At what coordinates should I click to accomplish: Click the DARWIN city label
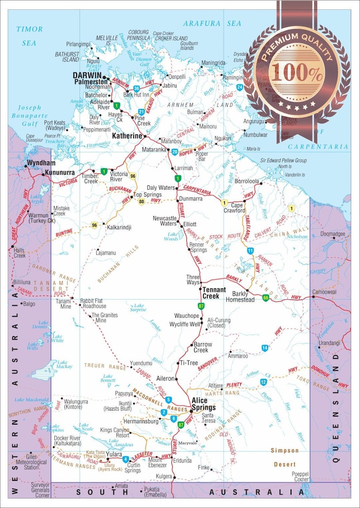coord(88,75)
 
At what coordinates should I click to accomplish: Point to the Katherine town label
coord(127,135)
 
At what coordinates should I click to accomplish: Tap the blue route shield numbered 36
coord(136,88)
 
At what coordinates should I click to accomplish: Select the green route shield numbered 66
coord(265,298)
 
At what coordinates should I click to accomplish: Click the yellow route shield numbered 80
coord(141,201)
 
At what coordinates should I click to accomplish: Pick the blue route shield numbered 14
coord(265,348)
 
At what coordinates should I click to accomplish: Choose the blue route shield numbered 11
coord(250,251)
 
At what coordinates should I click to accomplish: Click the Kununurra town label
coord(60,173)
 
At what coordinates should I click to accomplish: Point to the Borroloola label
coord(247,181)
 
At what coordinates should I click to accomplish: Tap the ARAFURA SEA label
coord(212,23)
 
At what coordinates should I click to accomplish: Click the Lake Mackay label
coord(62,364)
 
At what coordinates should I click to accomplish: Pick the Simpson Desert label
coord(285,457)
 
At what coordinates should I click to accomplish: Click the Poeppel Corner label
coord(300,476)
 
